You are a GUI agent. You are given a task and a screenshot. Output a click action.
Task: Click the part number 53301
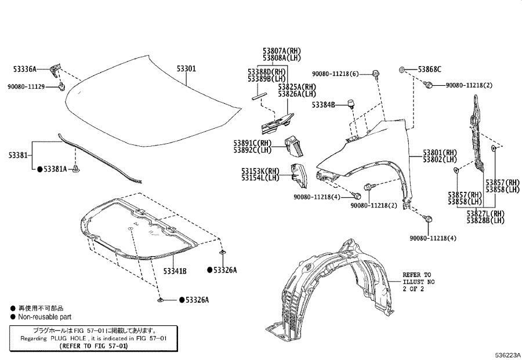click(186, 68)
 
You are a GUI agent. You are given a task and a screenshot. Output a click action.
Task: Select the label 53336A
click(25, 69)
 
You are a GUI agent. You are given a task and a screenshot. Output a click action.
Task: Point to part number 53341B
click(175, 271)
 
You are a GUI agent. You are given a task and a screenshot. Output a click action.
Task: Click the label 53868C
click(429, 70)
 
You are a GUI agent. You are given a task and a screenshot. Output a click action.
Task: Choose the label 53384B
click(323, 105)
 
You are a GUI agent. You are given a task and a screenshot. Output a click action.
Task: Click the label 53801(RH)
click(440, 153)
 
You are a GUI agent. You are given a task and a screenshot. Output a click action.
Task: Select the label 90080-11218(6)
click(336, 74)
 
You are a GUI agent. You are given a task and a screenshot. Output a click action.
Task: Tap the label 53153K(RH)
click(260, 171)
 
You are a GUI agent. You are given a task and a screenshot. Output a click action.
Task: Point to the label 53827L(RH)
click(485, 213)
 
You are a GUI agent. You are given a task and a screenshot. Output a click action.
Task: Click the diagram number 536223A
click(507, 355)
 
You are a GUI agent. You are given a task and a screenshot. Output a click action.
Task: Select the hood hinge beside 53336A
click(56, 70)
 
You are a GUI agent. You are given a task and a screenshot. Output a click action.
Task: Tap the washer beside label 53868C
click(401, 70)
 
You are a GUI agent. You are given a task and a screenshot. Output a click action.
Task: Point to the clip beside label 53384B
click(351, 104)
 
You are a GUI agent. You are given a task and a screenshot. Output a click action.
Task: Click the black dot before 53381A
click(39, 169)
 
